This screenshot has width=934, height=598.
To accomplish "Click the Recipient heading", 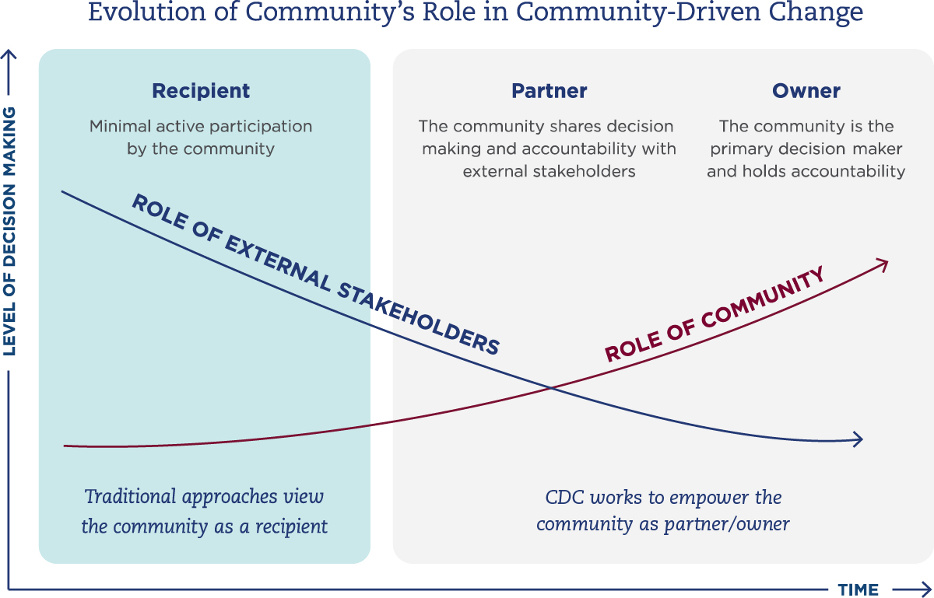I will pos(201,91).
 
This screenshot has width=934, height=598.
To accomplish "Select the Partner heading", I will pos(549,91).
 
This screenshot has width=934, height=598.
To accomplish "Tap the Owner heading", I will pos(806,91).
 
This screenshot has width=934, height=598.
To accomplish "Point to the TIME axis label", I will pos(858,589).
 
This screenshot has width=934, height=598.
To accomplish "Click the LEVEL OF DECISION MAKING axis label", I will pos(9,232).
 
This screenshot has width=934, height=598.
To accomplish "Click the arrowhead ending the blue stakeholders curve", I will pos(859,439).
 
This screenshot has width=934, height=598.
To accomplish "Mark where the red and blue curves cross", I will pos(552,386).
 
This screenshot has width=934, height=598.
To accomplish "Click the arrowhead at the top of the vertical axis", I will pos(9,54).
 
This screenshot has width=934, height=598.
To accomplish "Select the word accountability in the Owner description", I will pos(855,171).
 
